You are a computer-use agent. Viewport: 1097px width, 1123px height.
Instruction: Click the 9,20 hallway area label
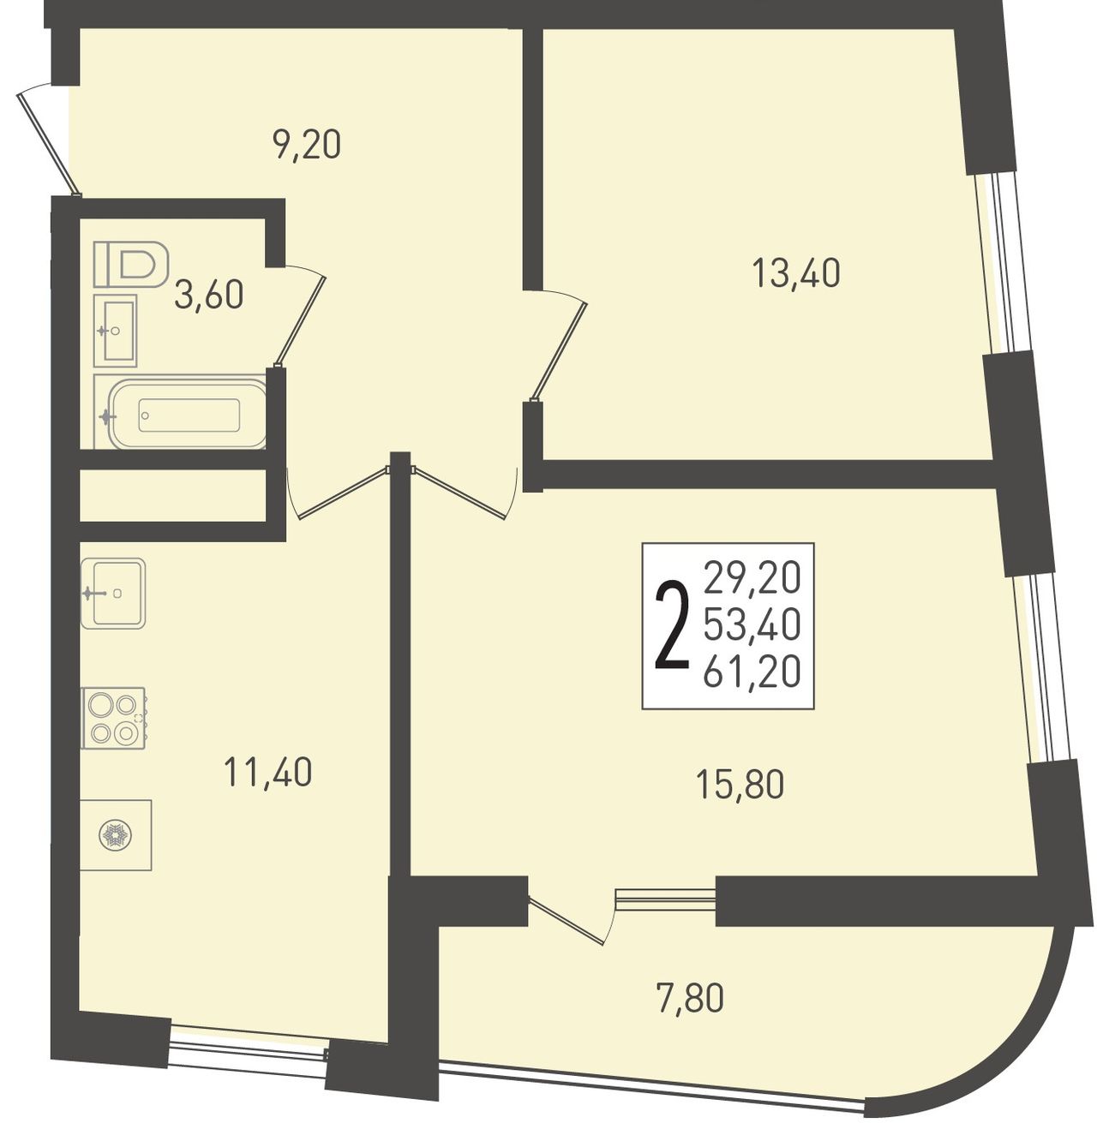[307, 146]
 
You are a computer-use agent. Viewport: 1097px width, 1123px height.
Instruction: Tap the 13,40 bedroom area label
[796, 273]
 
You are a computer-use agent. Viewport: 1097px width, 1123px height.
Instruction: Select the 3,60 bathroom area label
[209, 295]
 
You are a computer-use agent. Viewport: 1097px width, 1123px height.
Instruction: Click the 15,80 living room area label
[740, 785]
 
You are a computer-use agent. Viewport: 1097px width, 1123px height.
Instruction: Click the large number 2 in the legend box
[672, 625]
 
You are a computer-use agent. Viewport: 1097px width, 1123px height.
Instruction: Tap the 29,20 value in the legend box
[752, 578]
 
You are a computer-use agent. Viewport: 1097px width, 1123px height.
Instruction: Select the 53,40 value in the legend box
[752, 625]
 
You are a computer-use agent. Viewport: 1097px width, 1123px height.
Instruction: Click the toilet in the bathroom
[131, 264]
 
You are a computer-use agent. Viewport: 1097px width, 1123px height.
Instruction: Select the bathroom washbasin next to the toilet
[116, 331]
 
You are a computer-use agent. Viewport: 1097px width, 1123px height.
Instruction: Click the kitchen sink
[113, 594]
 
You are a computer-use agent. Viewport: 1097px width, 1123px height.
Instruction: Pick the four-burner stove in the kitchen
[114, 718]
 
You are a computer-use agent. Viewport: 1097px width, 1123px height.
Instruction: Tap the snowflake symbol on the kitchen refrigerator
[115, 834]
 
